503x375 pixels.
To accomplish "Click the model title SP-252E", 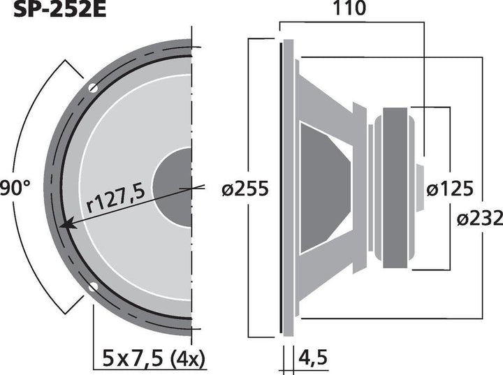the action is click(59, 10).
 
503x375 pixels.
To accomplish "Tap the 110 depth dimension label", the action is click(350, 8).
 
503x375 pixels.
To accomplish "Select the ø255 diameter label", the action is click(245, 189).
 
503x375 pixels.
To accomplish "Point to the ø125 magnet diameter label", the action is click(450, 189).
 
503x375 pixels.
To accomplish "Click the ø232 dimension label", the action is click(480, 219).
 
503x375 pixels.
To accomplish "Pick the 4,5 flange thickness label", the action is click(313, 358).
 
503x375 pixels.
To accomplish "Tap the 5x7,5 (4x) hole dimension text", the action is click(154, 358).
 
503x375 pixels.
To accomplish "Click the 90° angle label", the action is click(15, 188).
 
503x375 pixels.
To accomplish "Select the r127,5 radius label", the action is click(116, 198).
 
